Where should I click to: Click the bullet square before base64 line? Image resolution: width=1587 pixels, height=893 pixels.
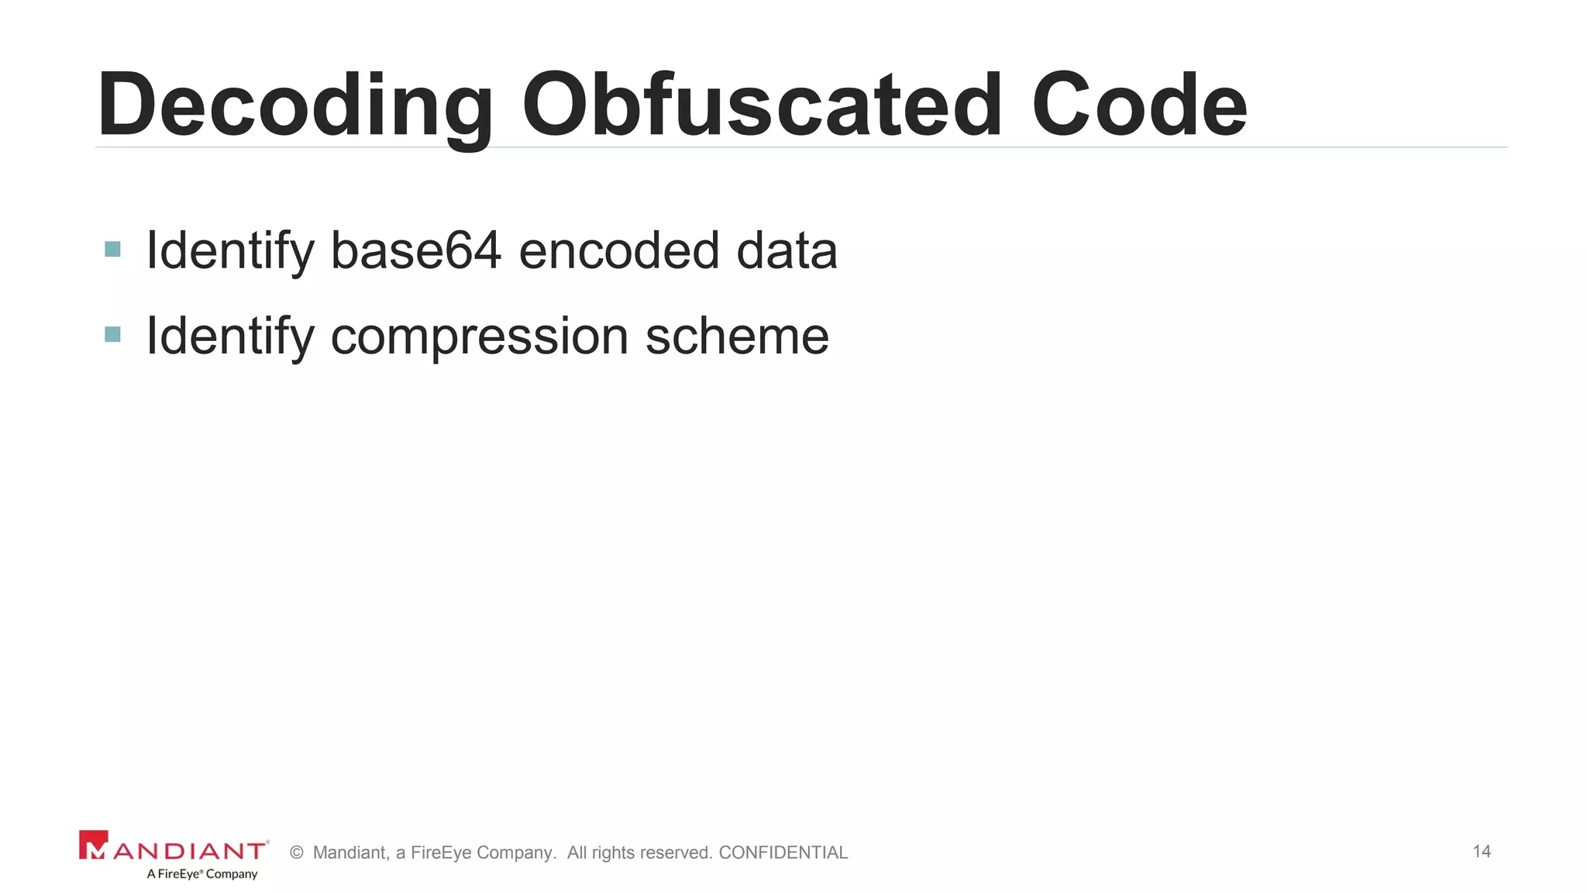[112, 250]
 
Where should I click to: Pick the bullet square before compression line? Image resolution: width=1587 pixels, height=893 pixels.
[112, 334]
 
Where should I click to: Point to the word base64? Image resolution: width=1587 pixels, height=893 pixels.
[416, 250]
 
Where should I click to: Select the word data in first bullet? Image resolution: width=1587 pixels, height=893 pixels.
[787, 250]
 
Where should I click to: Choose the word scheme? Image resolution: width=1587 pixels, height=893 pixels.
[737, 336]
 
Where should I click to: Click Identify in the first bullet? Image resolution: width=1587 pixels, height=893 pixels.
[230, 250]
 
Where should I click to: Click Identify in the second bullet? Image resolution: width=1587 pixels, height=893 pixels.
[230, 336]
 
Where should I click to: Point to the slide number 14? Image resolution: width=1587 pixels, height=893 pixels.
[1482, 851]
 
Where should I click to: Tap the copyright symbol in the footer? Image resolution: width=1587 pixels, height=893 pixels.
[296, 853]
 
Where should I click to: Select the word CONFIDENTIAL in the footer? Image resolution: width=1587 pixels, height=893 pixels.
[783, 853]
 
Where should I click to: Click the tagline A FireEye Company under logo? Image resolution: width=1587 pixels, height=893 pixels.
[202, 874]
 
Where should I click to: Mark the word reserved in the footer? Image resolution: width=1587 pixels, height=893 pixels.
[676, 853]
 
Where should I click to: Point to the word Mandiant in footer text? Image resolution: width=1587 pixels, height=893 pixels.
[350, 853]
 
